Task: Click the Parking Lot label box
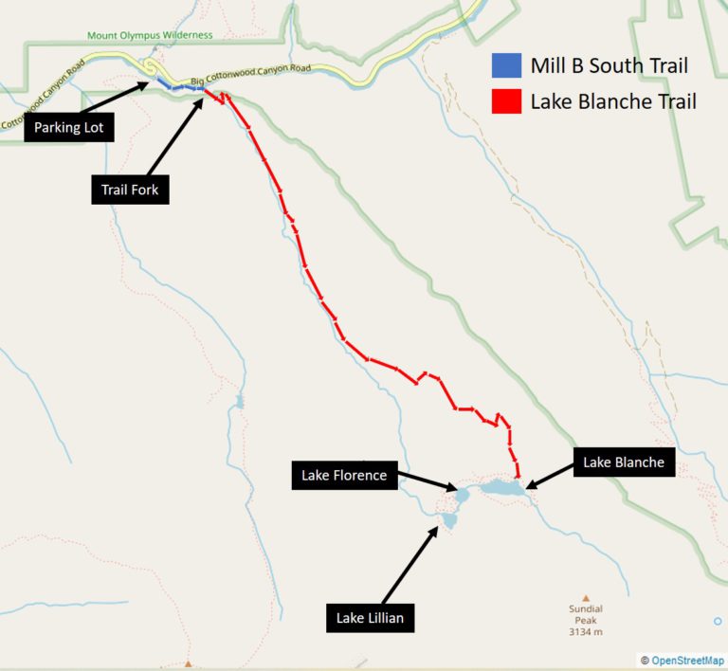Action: (70, 127)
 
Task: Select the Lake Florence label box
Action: (344, 475)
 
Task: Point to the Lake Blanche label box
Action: (623, 462)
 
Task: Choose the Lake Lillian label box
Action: (370, 619)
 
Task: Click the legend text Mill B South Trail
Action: (609, 66)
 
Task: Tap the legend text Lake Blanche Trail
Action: (613, 101)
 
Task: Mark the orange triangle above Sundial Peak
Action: (586, 597)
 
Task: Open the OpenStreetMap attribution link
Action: (687, 660)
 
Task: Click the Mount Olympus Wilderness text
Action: (150, 35)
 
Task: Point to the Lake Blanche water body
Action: (500, 487)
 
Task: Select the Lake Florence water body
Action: (462, 495)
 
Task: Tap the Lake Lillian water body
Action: (449, 519)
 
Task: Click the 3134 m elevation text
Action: (585, 631)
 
